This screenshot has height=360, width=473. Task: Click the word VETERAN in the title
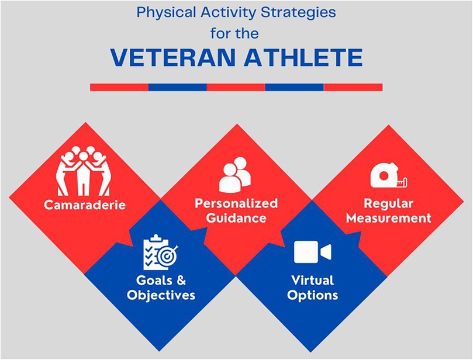[173, 57]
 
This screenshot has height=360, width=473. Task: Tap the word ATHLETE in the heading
[303, 57]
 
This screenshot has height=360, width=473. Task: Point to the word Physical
[167, 13]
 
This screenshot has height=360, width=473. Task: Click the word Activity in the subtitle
[229, 13]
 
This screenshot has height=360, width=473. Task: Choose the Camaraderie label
[85, 205]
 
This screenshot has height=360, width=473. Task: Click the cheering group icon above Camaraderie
[83, 171]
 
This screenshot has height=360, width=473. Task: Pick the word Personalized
[236, 203]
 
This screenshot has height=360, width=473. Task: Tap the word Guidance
[236, 218]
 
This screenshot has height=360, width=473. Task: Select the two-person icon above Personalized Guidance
[235, 174]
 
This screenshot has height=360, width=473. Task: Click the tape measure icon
[389, 175]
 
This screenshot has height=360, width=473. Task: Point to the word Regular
[388, 203]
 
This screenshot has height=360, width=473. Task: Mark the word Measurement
[389, 218]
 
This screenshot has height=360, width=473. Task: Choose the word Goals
[153, 281]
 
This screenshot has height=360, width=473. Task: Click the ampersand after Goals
[181, 281]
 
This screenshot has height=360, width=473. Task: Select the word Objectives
[161, 295]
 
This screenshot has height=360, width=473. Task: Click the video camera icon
[313, 252]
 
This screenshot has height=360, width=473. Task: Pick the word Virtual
[313, 281]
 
